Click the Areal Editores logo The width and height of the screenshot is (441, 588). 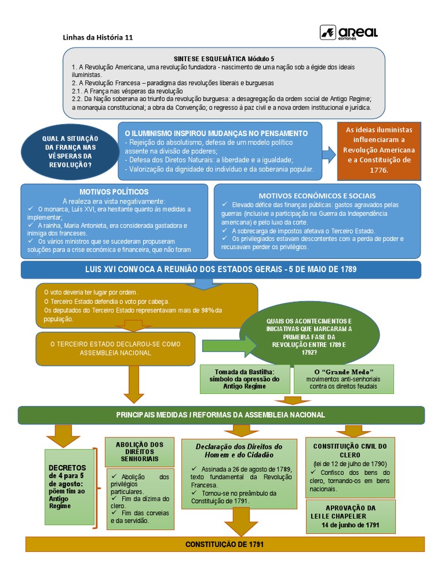(349, 33)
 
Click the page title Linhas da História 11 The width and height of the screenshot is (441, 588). (98, 37)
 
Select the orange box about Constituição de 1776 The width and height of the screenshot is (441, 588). (378, 150)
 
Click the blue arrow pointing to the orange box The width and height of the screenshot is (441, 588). (329, 153)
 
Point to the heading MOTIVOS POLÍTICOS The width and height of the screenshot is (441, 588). (114, 191)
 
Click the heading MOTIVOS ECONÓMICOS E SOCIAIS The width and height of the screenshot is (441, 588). (317, 195)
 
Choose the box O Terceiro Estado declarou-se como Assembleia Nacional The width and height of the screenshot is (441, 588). (115, 348)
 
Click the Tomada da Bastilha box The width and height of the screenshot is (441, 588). (245, 379)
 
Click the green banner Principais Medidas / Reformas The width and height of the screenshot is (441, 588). (221, 415)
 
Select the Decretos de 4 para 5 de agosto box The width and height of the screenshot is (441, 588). (69, 486)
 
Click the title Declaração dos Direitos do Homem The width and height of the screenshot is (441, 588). (239, 450)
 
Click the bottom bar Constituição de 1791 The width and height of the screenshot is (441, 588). (225, 543)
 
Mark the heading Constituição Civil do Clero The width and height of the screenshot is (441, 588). (350, 450)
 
